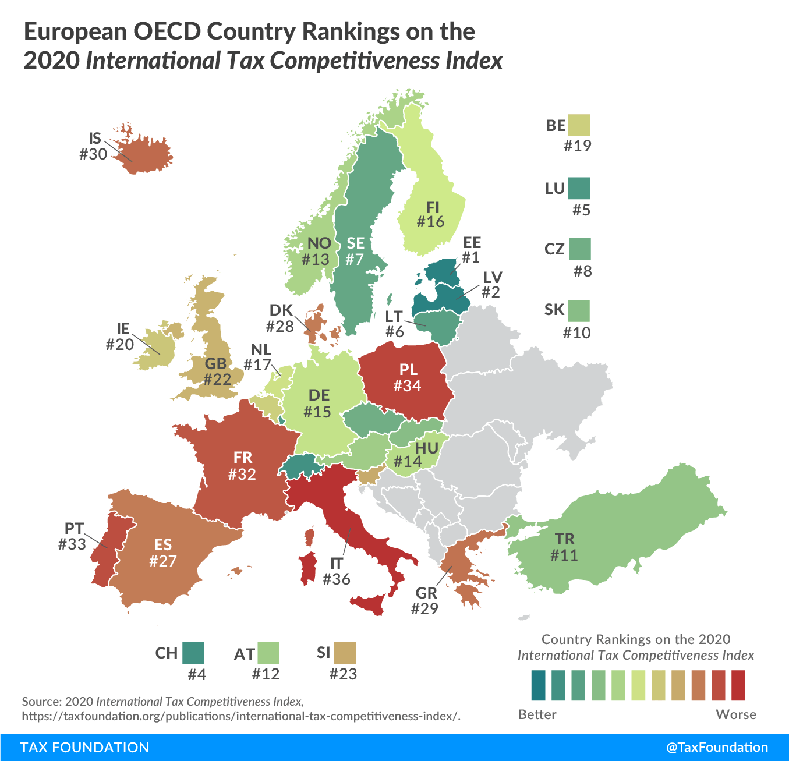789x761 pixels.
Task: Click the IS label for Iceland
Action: [95, 139]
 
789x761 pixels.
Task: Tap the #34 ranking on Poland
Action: [407, 385]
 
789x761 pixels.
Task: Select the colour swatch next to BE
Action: [579, 125]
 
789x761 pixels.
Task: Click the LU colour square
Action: [579, 188]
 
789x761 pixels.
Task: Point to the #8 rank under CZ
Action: [582, 271]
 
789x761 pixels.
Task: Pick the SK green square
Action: [579, 310]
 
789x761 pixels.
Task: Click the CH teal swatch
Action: [193, 653]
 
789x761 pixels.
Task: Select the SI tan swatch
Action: [345, 653]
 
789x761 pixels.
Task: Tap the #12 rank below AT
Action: [266, 674]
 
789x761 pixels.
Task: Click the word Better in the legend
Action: [537, 714]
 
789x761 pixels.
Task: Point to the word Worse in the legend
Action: [736, 714]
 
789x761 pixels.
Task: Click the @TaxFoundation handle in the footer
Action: [717, 747]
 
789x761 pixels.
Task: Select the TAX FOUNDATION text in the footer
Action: [84, 747]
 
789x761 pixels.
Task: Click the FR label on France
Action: [243, 458]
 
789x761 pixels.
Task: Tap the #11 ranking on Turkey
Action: [564, 555]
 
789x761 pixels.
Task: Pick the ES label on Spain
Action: [163, 544]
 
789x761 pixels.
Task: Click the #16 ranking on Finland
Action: [430, 222]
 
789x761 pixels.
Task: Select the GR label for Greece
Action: [426, 593]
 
